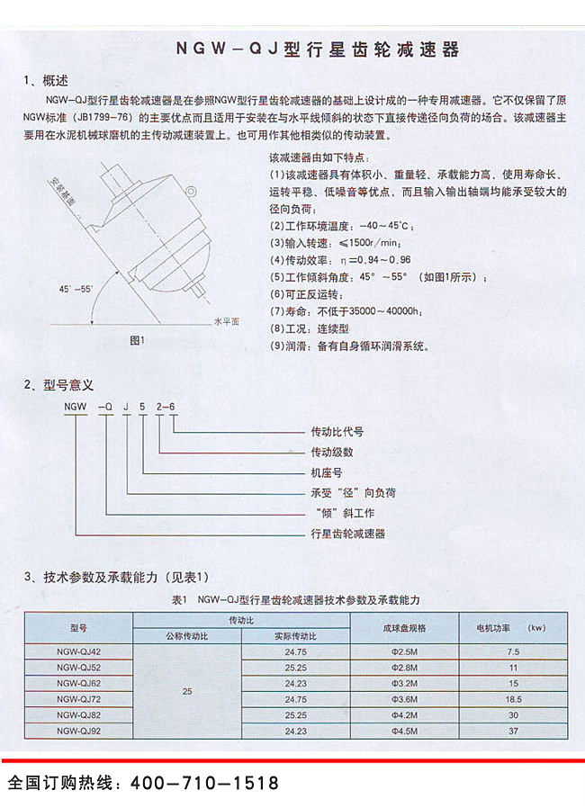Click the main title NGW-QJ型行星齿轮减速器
(317, 50)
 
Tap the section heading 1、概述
(46, 80)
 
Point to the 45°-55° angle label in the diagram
(75, 289)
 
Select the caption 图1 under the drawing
(137, 340)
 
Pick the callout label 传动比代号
(338, 431)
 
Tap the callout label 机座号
(326, 472)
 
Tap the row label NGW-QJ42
(78, 651)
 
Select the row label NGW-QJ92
(78, 732)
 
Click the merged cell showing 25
(186, 691)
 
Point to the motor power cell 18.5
(514, 699)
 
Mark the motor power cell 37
(514, 732)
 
